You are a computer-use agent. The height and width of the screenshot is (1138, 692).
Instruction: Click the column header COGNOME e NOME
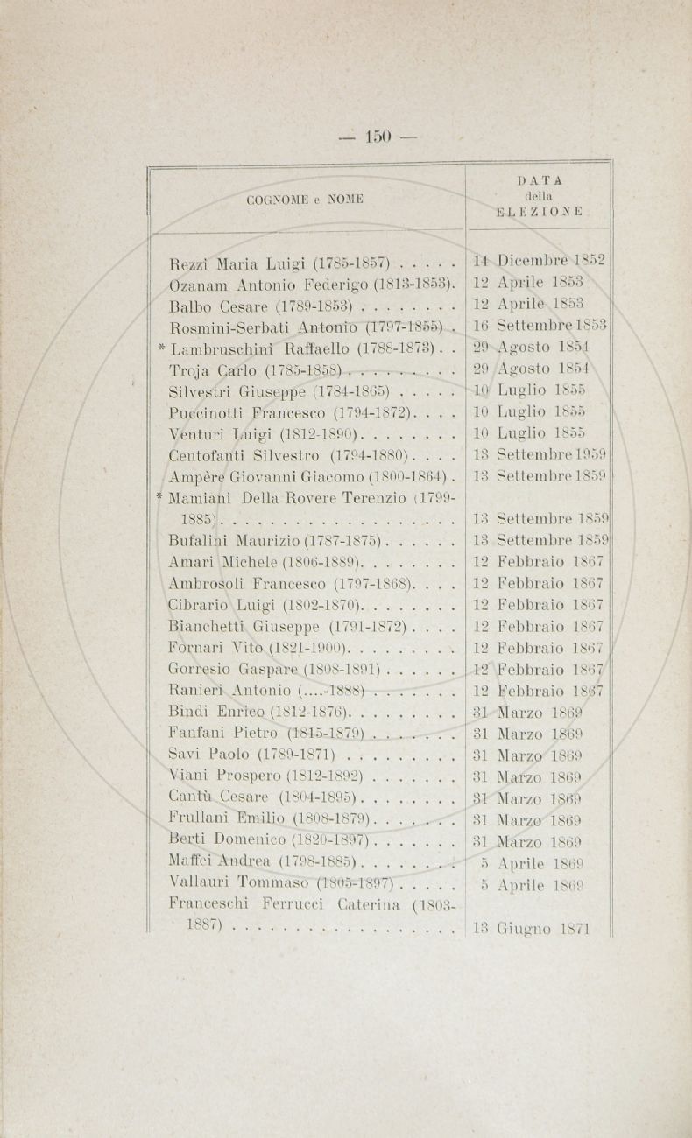[x=298, y=200]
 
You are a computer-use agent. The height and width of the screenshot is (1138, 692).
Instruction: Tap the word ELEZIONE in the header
[x=538, y=211]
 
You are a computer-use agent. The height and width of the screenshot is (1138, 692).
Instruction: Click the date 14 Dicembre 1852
[x=538, y=260]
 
